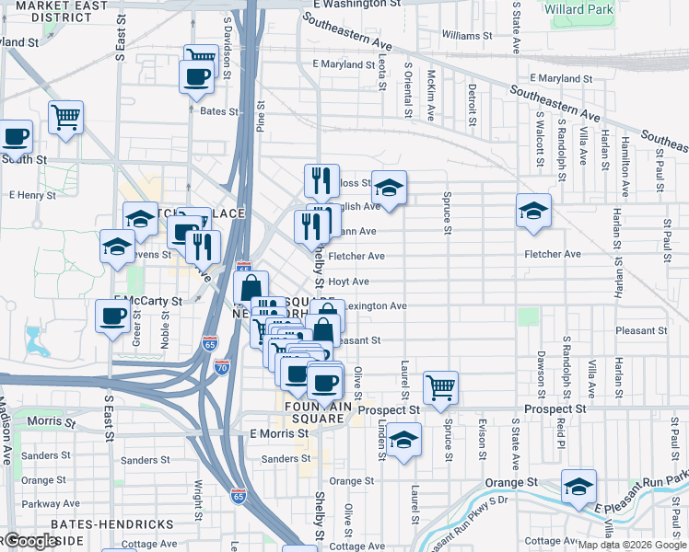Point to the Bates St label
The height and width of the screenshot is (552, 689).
point(219,111)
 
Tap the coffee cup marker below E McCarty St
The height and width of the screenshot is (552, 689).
point(113,316)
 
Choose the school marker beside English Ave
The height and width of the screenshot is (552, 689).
point(389,189)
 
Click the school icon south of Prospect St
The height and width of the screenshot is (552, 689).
point(403,440)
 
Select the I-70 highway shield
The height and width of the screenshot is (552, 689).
point(222,367)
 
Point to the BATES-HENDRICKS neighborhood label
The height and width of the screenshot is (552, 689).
point(112,523)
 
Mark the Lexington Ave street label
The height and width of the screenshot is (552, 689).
point(376,306)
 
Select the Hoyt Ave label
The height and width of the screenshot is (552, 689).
point(349,282)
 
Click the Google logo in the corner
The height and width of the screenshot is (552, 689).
point(31,541)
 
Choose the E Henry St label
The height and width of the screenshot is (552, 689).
point(32,195)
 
